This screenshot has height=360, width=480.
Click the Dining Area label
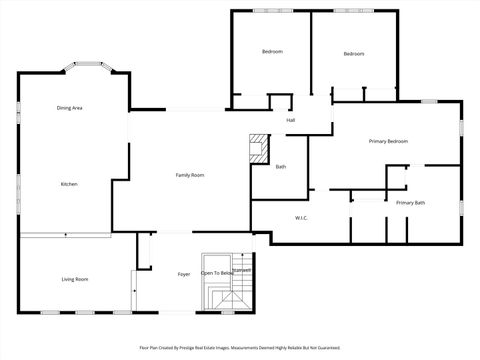(x=69, y=107)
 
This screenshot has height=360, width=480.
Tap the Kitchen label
(x=69, y=184)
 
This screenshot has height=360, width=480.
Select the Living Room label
(x=75, y=279)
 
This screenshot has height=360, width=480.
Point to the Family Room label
(x=190, y=175)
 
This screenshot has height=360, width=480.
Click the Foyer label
(x=184, y=274)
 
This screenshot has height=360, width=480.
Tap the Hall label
(x=291, y=120)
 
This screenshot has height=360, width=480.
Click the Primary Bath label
(x=410, y=203)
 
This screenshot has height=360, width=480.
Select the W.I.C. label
(x=301, y=217)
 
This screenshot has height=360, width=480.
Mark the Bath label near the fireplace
(x=281, y=167)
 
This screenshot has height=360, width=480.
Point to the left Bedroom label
(x=272, y=52)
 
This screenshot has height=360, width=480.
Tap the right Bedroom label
(x=354, y=53)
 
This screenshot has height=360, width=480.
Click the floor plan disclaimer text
(x=240, y=349)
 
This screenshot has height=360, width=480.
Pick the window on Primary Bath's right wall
(x=462, y=208)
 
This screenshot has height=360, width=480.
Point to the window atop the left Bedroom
(x=272, y=11)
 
